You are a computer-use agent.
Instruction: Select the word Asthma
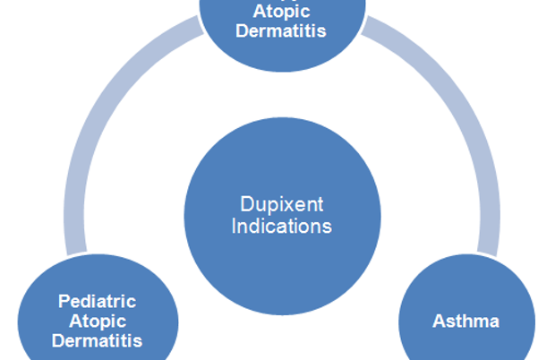(x=466, y=320)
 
